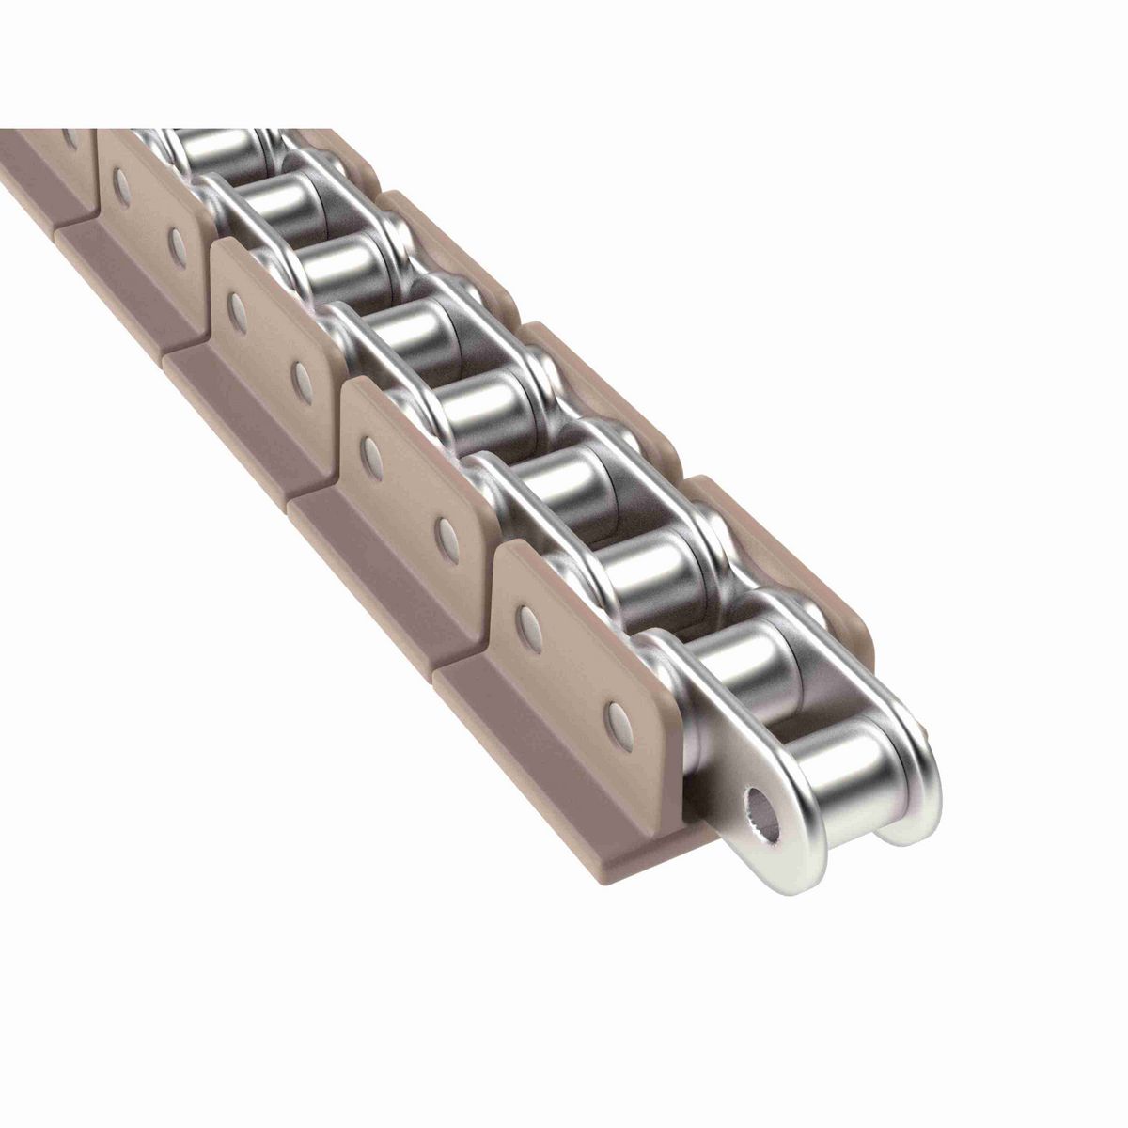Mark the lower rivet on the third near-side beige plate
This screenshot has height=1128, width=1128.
pyautogui.click(x=302, y=376)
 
